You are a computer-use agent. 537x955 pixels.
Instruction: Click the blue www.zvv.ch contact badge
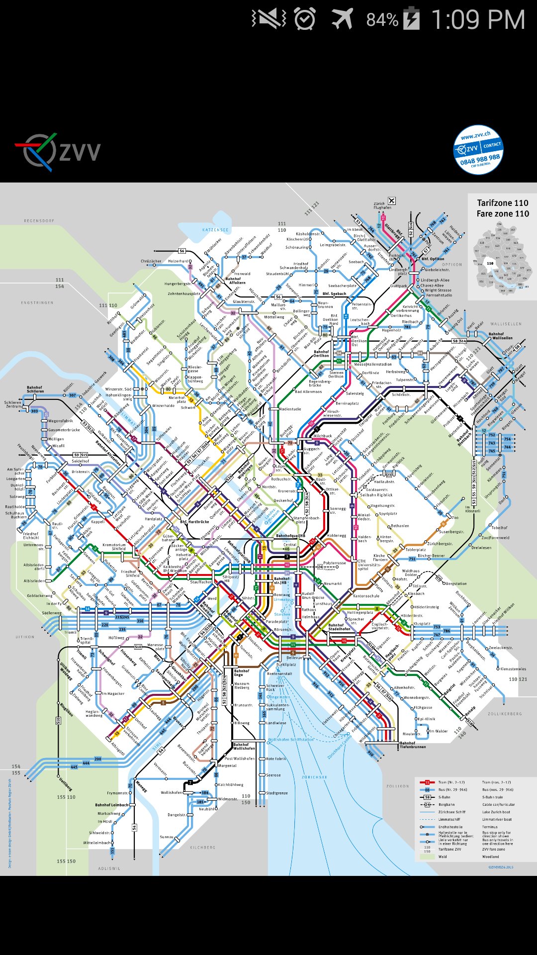478,150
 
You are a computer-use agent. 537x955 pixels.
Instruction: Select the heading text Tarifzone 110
502,203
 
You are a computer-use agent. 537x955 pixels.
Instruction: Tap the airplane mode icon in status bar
343,19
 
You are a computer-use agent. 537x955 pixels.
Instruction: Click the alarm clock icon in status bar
304,19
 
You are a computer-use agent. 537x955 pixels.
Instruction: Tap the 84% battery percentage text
382,20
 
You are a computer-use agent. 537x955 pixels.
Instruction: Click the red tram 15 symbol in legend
427,782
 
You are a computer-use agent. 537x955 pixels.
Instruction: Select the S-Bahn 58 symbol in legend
427,797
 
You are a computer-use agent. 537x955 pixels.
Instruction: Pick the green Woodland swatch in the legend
427,857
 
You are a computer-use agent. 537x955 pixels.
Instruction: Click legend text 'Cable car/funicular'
498,804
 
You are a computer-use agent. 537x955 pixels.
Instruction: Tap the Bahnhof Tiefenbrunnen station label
413,745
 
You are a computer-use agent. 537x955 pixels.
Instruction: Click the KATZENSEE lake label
215,230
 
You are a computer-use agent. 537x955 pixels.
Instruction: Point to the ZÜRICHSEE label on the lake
314,777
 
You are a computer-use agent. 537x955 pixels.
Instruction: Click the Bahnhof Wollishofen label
244,746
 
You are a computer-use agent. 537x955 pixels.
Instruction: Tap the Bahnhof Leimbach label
111,805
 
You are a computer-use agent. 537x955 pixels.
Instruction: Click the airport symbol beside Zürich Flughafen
392,201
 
